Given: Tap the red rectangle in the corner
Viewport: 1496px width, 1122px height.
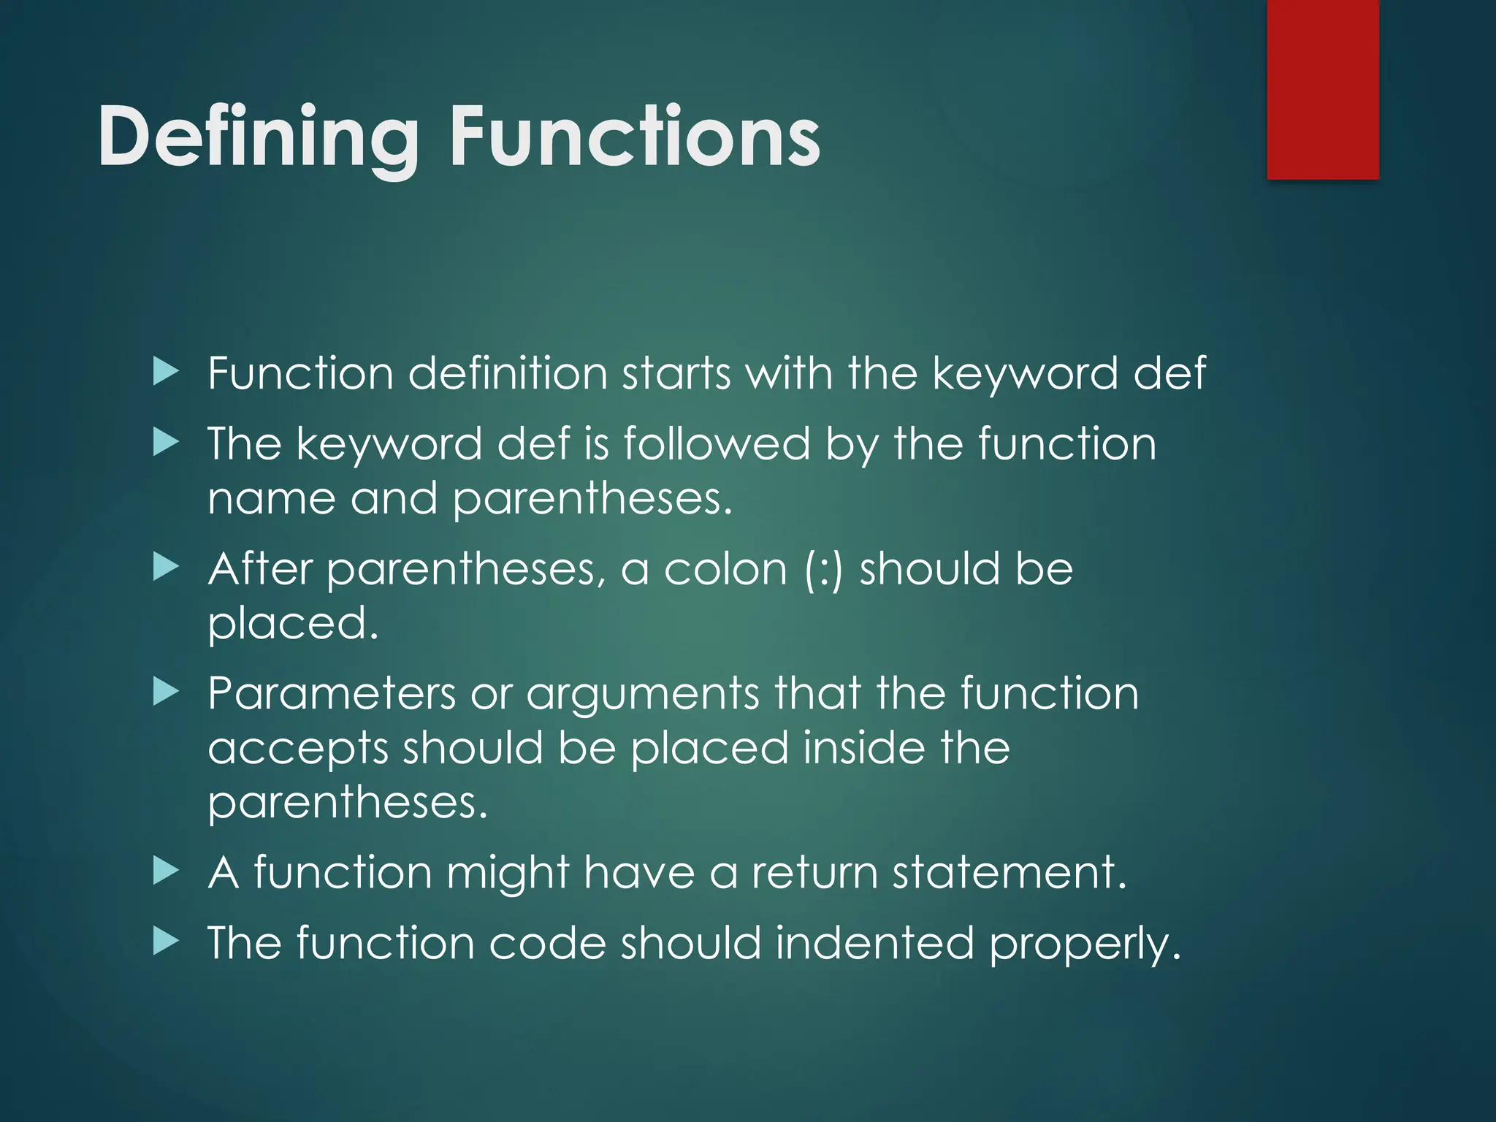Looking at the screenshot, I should [x=1322, y=89].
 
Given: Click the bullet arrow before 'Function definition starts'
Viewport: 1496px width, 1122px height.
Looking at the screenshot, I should [x=166, y=373].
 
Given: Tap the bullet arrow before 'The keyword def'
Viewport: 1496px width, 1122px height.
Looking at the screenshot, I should [x=166, y=443].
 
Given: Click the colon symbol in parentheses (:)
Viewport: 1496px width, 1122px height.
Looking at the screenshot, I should [x=824, y=570].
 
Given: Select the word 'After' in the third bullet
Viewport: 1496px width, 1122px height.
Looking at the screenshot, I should [x=260, y=568].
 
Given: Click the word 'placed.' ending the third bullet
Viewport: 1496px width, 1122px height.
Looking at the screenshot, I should [x=293, y=625].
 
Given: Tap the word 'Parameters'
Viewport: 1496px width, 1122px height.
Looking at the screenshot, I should [x=332, y=693].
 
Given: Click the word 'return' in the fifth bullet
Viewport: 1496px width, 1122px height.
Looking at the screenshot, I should [x=814, y=873].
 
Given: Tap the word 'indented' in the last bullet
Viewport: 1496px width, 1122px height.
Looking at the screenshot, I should [x=874, y=943].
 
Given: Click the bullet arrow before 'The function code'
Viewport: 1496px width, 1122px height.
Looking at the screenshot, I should [x=166, y=942].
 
